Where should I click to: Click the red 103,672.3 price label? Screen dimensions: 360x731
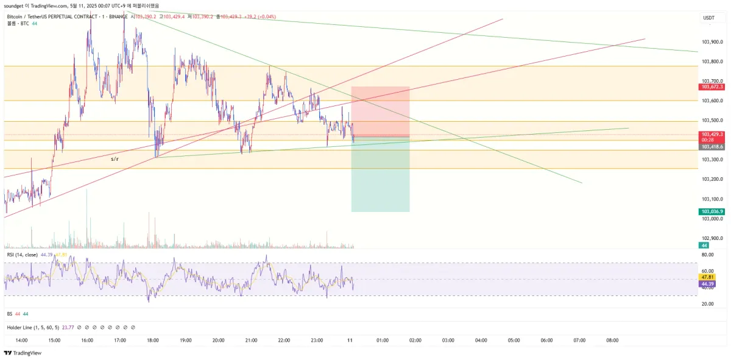pyautogui.click(x=712, y=86)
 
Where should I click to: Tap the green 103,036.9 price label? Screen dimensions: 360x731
pyautogui.click(x=712, y=211)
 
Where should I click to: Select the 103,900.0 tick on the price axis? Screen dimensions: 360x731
pyautogui.click(x=712, y=42)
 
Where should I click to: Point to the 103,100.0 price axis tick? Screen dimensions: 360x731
pyautogui.click(x=712, y=199)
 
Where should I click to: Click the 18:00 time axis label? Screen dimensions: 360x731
pyautogui.click(x=153, y=341)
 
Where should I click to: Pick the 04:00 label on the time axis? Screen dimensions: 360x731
pyautogui.click(x=481, y=341)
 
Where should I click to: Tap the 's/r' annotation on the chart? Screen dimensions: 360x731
pyautogui.click(x=115, y=159)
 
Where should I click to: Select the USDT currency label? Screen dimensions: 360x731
pyautogui.click(x=709, y=18)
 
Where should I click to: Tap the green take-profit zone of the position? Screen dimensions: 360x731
pyautogui.click(x=381, y=177)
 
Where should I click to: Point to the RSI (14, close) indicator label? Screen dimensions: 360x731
pyautogui.click(x=23, y=255)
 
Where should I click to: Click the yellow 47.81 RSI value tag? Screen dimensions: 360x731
pyautogui.click(x=707, y=277)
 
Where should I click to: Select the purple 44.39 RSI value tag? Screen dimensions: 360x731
pyautogui.click(x=707, y=284)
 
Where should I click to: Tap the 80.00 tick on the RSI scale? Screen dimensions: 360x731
pyautogui.click(x=707, y=255)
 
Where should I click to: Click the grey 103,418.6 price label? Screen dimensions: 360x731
pyautogui.click(x=712, y=147)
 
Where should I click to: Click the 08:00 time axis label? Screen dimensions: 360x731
pyautogui.click(x=613, y=341)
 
